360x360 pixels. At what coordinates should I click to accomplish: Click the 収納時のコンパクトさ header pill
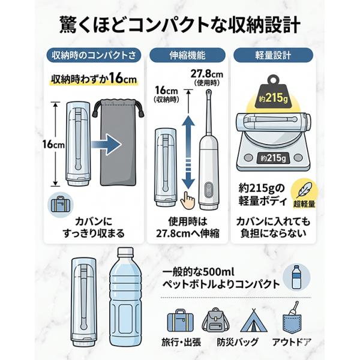tap(94, 55)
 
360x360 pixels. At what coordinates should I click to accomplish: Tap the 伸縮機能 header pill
tap(187, 55)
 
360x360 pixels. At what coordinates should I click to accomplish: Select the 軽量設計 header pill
tap(273, 55)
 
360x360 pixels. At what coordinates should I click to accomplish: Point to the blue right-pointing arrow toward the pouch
tap(106, 145)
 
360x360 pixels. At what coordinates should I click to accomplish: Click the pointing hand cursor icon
tap(187, 200)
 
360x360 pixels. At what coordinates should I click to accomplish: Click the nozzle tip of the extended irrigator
tap(208, 92)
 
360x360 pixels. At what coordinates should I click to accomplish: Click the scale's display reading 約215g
tap(273, 158)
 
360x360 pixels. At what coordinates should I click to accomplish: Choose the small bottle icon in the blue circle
tap(296, 277)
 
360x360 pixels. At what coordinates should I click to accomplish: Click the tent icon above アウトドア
tap(254, 320)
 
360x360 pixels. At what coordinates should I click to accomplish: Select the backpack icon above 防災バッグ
tap(215, 320)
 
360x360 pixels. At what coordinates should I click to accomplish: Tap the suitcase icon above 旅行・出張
tap(180, 320)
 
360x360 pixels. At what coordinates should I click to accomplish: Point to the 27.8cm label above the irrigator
tap(206, 74)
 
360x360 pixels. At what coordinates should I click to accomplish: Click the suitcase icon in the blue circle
tap(61, 204)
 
